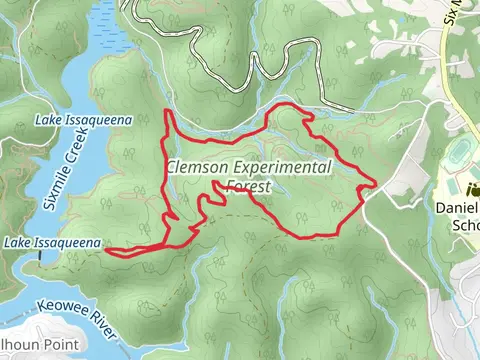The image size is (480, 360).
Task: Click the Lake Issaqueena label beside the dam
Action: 52,243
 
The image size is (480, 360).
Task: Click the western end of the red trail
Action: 106,253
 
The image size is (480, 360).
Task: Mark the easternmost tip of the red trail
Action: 375,183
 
